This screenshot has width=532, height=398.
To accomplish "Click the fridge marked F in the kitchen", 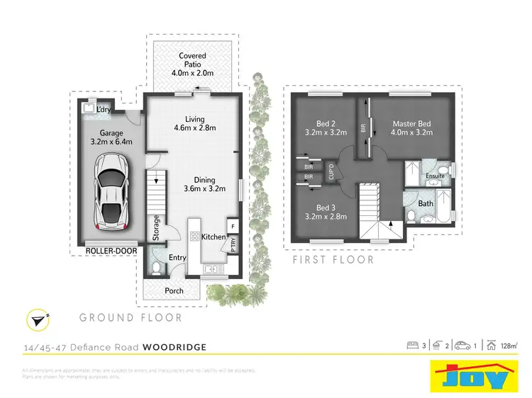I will click(x=233, y=226).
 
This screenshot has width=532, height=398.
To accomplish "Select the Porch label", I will click(x=174, y=290).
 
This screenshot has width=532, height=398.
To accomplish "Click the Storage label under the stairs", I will click(x=156, y=228).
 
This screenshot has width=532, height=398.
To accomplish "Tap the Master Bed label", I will click(x=411, y=128).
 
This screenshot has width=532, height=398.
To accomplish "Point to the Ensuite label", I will click(x=435, y=176).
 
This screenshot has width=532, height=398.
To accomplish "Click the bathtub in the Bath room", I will click(x=443, y=206).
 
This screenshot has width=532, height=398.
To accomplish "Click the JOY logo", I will click(x=471, y=375).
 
